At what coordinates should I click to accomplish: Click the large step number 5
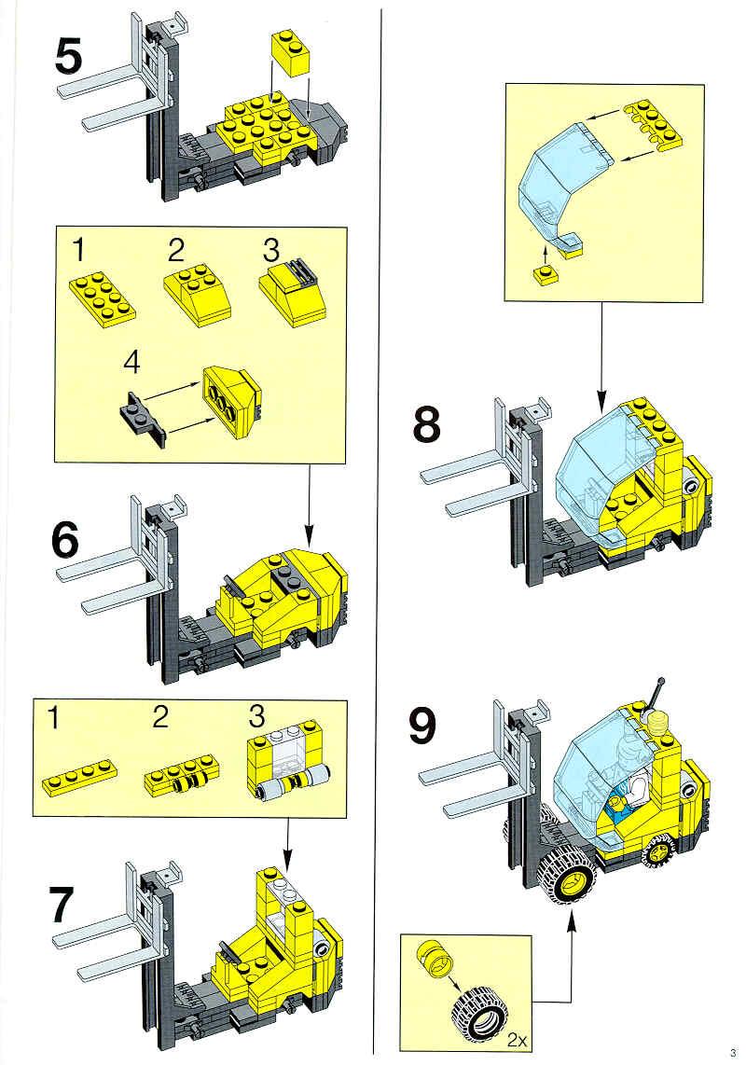[x=68, y=57]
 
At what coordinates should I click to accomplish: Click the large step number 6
[x=64, y=541]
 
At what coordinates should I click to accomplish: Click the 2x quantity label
[x=518, y=1039]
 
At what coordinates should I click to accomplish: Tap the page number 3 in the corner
[x=733, y=1053]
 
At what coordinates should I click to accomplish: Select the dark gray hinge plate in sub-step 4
[x=144, y=419]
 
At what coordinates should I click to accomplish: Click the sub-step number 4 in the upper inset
[x=131, y=363]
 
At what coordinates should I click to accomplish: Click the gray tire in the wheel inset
[x=479, y=1017]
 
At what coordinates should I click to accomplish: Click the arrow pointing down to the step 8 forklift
[x=601, y=355]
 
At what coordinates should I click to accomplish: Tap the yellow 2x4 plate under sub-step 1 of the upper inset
[x=103, y=296]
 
